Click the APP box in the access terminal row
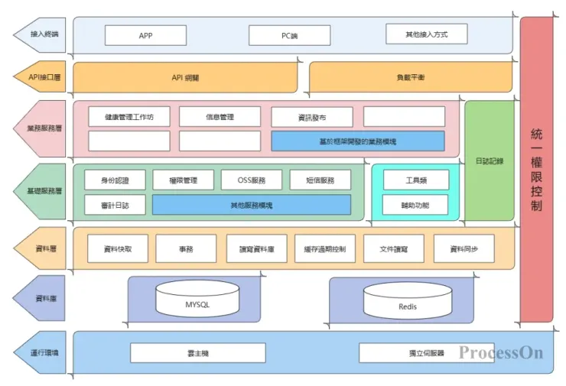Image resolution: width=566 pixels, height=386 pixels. [x=145, y=35]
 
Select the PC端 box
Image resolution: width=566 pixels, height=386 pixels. [x=290, y=35]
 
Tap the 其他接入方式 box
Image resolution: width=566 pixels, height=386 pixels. [x=427, y=34]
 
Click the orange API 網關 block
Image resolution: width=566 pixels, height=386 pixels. [x=185, y=78]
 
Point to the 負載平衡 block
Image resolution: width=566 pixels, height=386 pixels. [x=411, y=78]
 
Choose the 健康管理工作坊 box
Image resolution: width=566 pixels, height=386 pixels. [x=129, y=117]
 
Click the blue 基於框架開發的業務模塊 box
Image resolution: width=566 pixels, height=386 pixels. [x=357, y=141]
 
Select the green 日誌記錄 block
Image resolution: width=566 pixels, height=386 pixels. [x=489, y=161]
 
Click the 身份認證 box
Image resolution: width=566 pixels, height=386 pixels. [x=115, y=180]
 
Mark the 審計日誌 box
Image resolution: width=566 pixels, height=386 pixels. [x=115, y=205]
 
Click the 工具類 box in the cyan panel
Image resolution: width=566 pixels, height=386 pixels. [x=415, y=180]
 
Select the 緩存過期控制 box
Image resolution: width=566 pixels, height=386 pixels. [x=324, y=248]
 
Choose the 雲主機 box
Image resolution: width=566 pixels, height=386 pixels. [x=197, y=352]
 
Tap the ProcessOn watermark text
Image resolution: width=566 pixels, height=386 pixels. [x=501, y=352]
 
